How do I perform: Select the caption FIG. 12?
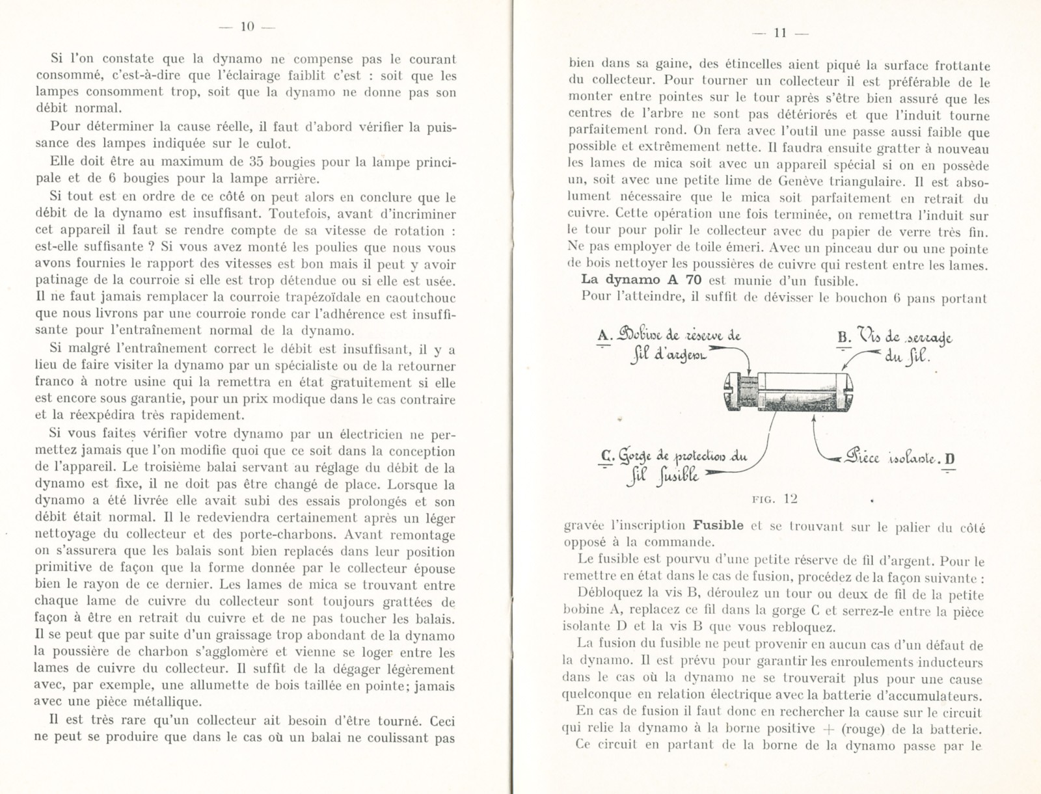(774, 499)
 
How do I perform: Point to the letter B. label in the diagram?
(845, 337)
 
